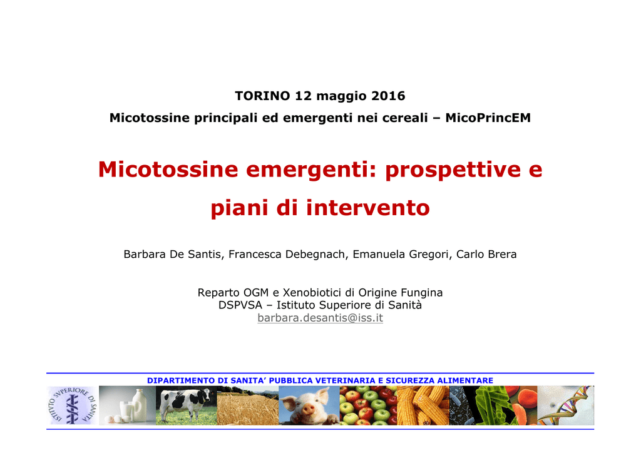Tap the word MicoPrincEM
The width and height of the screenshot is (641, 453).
click(x=488, y=118)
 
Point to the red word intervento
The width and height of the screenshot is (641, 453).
click(x=368, y=208)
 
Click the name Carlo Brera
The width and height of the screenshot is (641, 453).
click(x=486, y=254)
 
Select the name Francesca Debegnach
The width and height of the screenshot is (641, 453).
click(x=287, y=254)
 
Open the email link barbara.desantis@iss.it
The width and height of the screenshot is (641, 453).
click(x=320, y=318)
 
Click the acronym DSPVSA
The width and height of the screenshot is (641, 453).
click(x=240, y=305)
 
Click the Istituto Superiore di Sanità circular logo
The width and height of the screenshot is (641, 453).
click(x=73, y=405)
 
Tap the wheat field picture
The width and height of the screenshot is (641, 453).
click(x=248, y=405)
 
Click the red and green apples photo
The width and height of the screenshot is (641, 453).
click(x=368, y=405)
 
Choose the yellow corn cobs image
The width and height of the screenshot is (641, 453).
click(x=423, y=405)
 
